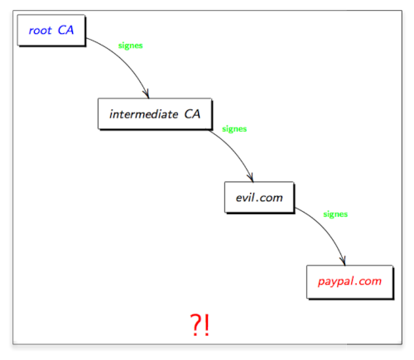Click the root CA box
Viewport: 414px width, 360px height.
[x=51, y=31]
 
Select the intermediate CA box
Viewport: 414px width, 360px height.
[x=155, y=114]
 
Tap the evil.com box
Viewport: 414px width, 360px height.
[x=259, y=198]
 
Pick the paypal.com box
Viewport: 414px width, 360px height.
[x=350, y=282]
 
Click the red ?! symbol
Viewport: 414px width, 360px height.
[x=200, y=325]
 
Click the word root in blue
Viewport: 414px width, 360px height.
[x=41, y=31]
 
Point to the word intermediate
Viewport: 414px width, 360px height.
[x=144, y=114]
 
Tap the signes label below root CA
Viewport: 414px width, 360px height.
[x=130, y=46]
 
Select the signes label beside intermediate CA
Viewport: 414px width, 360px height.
[x=234, y=129]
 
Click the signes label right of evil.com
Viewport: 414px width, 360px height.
[x=335, y=214]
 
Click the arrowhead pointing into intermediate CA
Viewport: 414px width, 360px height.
[x=147, y=94]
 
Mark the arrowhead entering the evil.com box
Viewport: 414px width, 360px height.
[x=251, y=177]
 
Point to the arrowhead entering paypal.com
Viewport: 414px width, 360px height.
[x=343, y=261]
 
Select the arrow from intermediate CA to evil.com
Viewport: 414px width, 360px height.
[x=234, y=151]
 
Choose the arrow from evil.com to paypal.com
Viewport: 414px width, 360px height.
[x=325, y=229]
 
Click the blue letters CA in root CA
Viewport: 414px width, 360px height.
[x=65, y=30]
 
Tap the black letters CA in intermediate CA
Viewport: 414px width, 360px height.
[x=192, y=114]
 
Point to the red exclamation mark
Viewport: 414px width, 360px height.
[x=207, y=325]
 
